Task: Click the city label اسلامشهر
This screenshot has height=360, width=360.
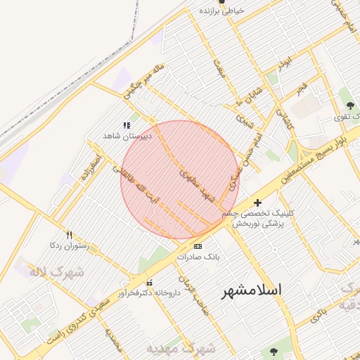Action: tap(251, 290)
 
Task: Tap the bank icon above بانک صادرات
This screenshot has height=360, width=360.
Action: tap(198, 246)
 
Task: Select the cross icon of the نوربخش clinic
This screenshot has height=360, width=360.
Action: tap(257, 202)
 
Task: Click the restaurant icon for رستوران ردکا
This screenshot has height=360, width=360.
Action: tap(68, 236)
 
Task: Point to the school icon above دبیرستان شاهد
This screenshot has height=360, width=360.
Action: tap(127, 125)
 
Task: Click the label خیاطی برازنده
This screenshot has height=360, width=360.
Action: tap(221, 11)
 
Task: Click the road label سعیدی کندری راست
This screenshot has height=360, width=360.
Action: tap(84, 316)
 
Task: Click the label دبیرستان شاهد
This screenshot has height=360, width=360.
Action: tap(122, 134)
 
